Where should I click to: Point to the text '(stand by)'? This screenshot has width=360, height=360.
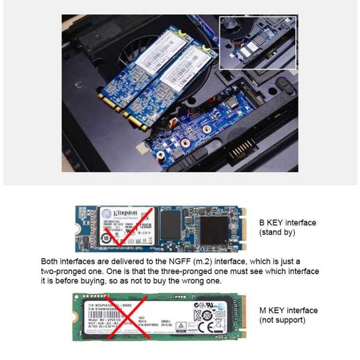(x=277, y=232)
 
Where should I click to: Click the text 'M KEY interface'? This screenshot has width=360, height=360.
(x=288, y=311)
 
